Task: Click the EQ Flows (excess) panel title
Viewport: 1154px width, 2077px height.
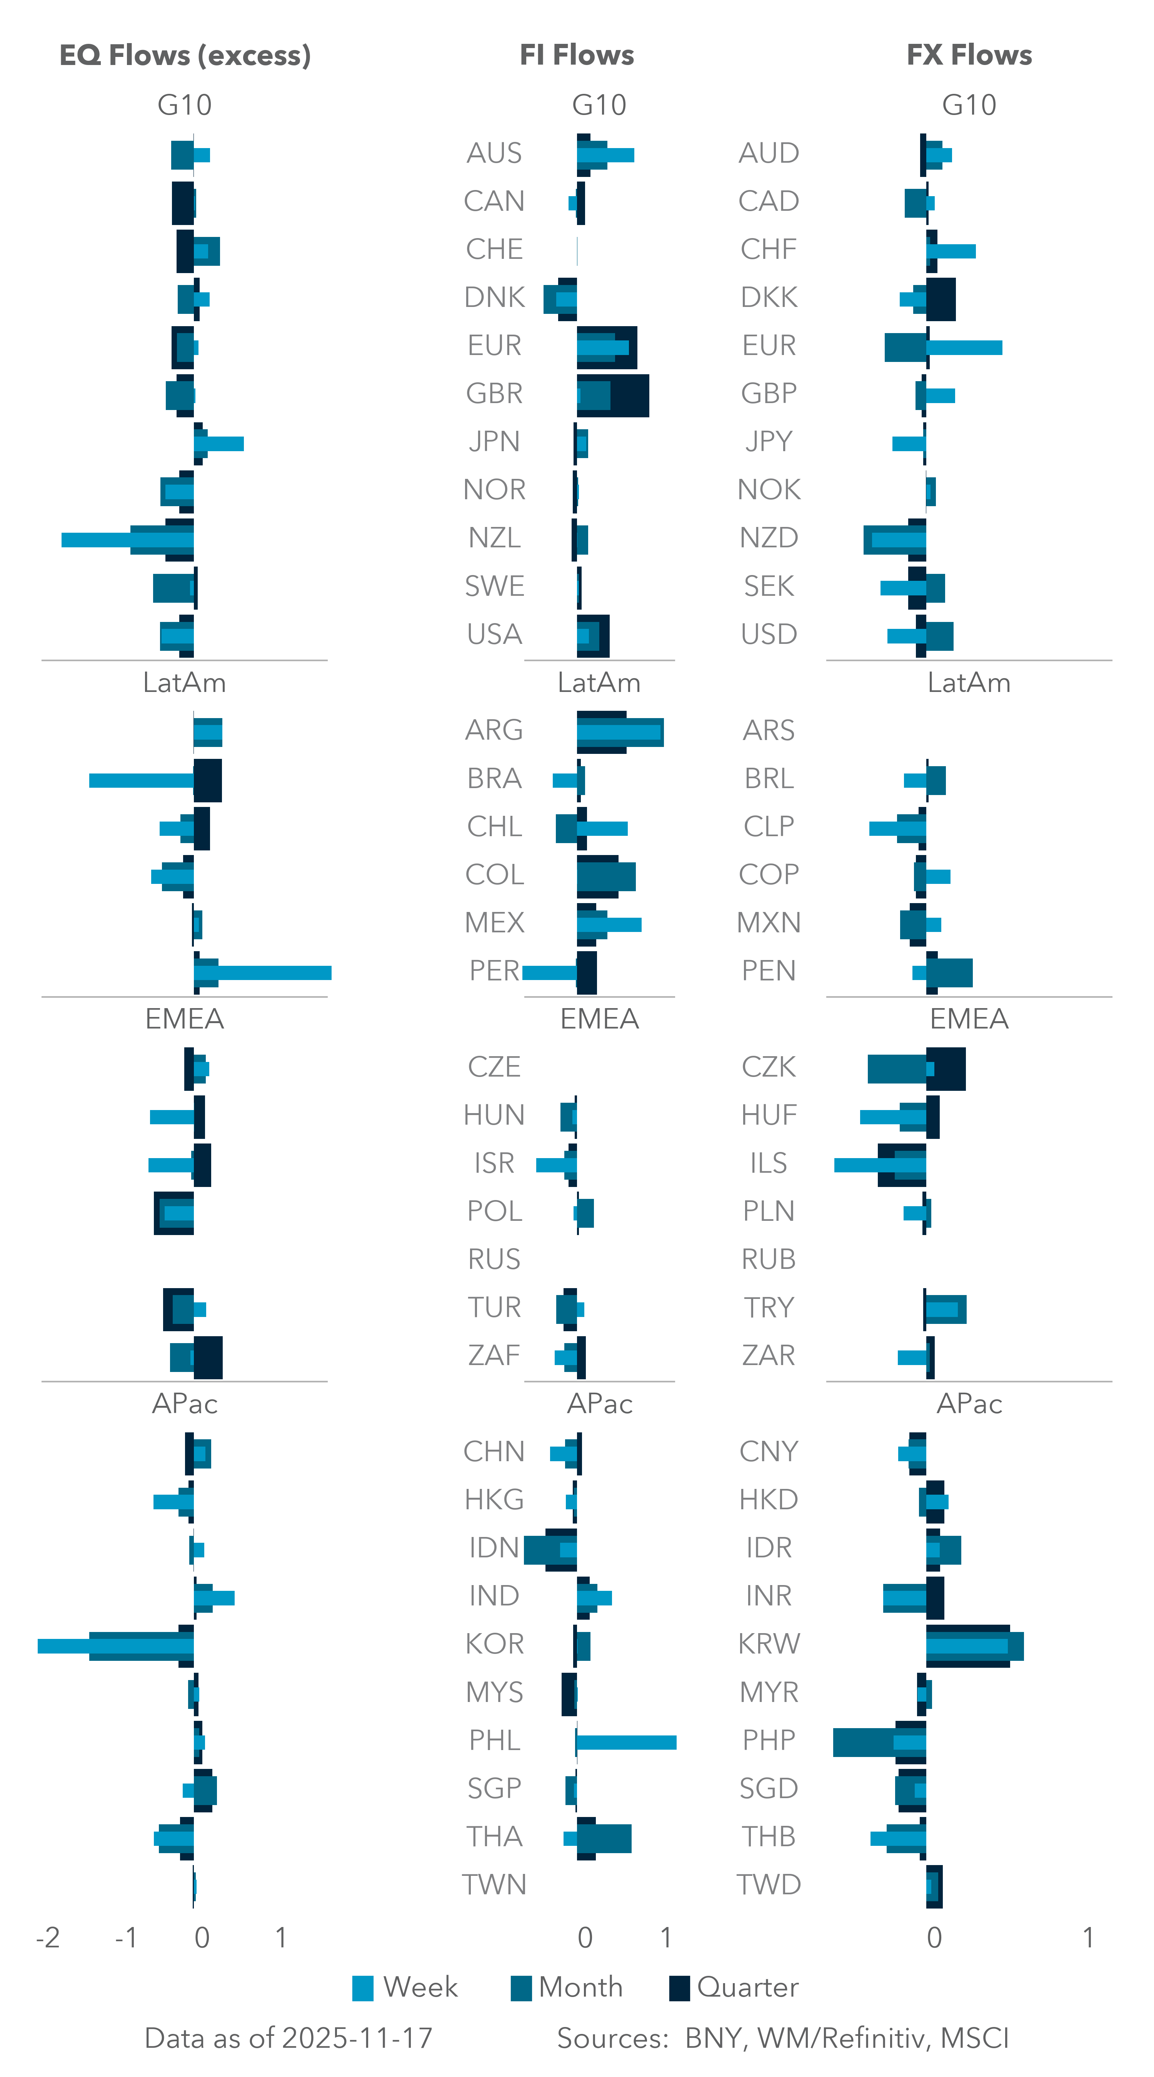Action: [x=185, y=55]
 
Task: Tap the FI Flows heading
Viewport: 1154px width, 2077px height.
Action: [x=577, y=55]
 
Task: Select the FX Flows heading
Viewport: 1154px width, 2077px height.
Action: [x=969, y=55]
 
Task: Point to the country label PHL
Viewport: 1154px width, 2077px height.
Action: [x=494, y=1740]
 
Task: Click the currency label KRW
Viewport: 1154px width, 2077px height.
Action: [x=769, y=1643]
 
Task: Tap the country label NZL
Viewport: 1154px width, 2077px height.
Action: [x=494, y=538]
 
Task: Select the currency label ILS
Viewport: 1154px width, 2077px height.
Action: [x=769, y=1163]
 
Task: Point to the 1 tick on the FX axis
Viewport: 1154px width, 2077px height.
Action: [x=1088, y=1937]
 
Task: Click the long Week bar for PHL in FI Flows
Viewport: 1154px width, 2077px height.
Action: [x=627, y=1742]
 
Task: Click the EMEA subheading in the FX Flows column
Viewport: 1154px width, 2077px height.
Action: [x=969, y=1019]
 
